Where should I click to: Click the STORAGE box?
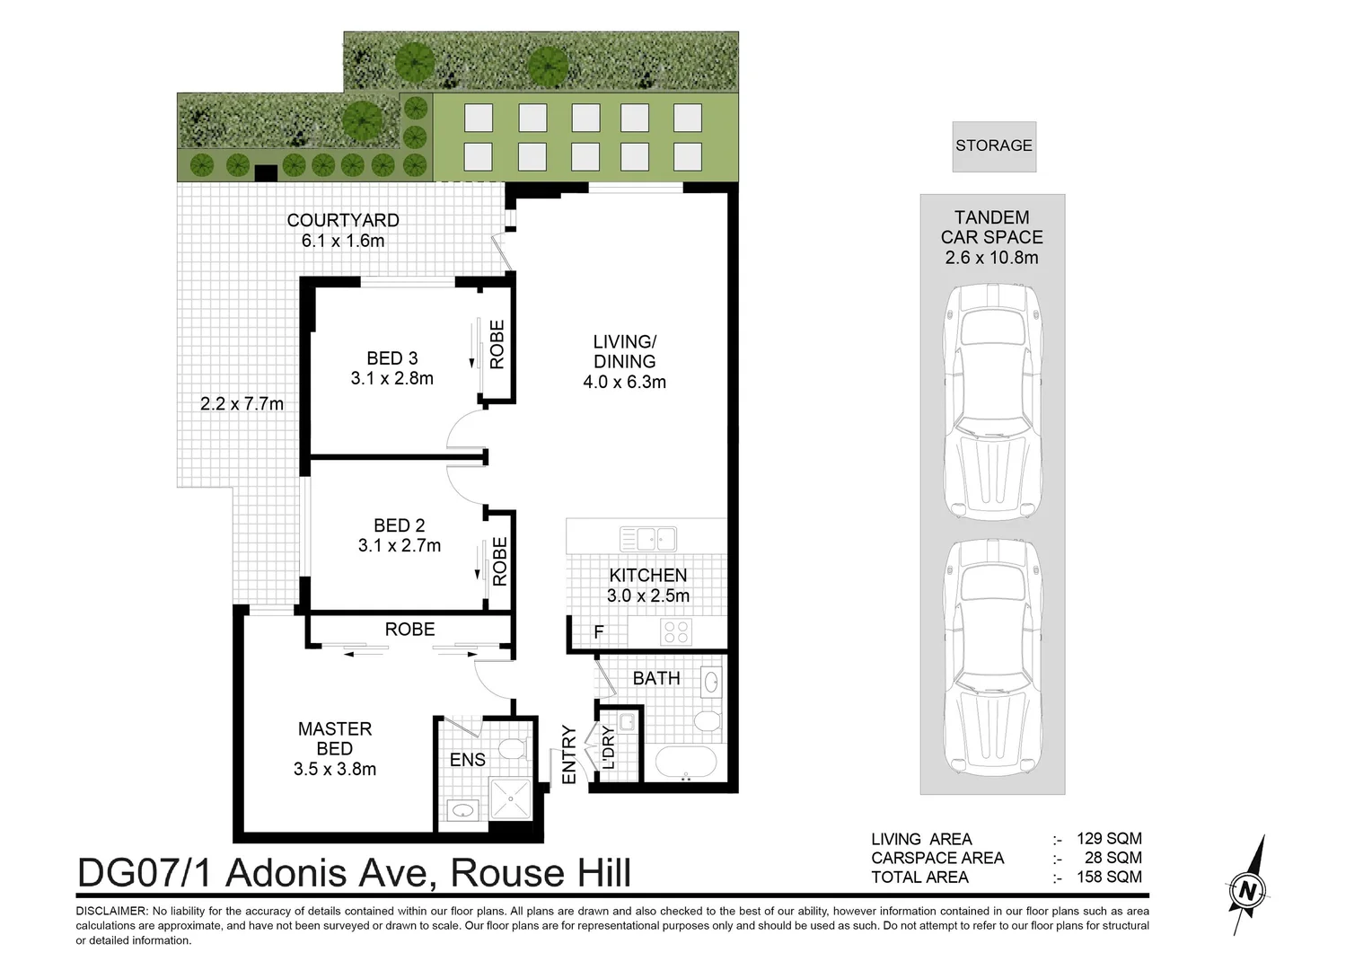coord(993,145)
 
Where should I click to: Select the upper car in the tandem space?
coord(992,401)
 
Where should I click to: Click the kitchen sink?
coord(647,539)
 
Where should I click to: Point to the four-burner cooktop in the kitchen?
coord(676,632)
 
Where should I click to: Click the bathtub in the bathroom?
coord(686,763)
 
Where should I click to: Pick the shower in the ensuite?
coord(510,798)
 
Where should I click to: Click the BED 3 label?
coord(391,358)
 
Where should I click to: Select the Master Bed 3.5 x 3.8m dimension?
coord(334,769)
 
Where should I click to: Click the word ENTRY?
coord(569,754)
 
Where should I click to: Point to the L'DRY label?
coord(608,747)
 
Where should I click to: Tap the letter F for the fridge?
coord(599,632)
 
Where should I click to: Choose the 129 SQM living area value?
coord(1109,839)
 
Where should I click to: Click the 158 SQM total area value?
coord(1109,877)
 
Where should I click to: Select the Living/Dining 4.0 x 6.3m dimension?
coord(624,382)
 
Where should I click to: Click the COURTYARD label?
coord(343,220)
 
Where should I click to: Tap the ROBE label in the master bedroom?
coord(409,630)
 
